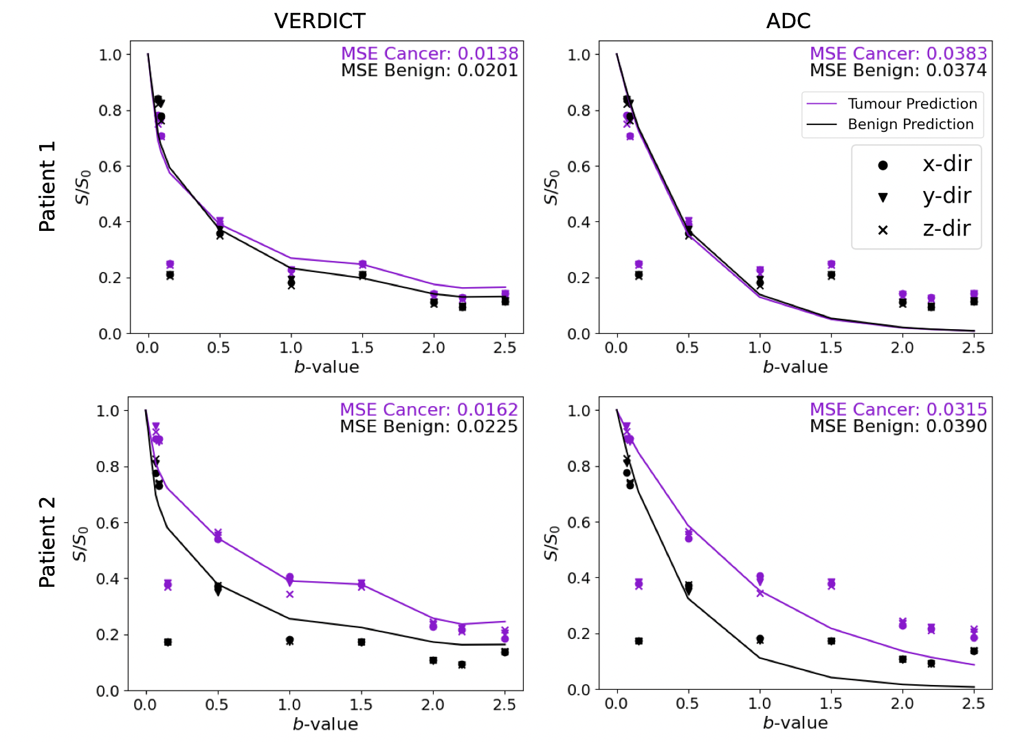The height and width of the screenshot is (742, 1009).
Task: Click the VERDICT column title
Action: point(320,21)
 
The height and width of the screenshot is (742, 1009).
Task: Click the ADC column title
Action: point(788,21)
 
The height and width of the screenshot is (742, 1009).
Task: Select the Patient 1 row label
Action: point(47,186)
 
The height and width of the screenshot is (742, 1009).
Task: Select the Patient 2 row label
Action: point(47,543)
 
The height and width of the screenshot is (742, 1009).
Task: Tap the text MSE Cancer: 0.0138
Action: point(430,53)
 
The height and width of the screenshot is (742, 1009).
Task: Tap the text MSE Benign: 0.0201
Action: point(430,70)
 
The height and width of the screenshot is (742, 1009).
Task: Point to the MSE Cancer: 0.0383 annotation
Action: point(898,53)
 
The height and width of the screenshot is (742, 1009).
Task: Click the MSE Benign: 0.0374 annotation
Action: point(898,70)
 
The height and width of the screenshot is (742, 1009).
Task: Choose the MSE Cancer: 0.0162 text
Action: point(429,409)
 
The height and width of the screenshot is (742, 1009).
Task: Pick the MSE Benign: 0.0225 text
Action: point(429,427)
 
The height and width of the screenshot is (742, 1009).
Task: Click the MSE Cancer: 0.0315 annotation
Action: point(898,409)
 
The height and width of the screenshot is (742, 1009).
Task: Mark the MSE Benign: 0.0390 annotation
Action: point(898,426)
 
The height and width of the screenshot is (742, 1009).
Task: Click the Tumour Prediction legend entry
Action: point(892,104)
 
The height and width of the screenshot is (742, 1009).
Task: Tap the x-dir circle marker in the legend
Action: point(883,166)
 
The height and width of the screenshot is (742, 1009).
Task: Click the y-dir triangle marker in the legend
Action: point(883,198)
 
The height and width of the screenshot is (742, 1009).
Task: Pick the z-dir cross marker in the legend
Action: point(883,231)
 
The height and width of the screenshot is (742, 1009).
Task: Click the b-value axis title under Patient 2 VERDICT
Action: point(326,724)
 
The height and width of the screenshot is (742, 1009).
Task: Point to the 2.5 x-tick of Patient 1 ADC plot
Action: point(973,348)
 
